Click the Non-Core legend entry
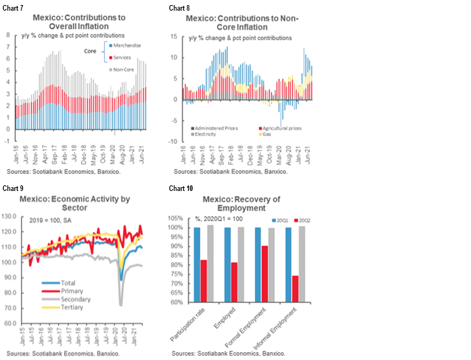click(x=125, y=69)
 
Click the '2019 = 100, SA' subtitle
click(x=51, y=221)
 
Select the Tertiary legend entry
click(x=63, y=307)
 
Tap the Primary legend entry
click(x=62, y=291)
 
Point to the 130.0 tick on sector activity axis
click(x=11, y=215)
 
